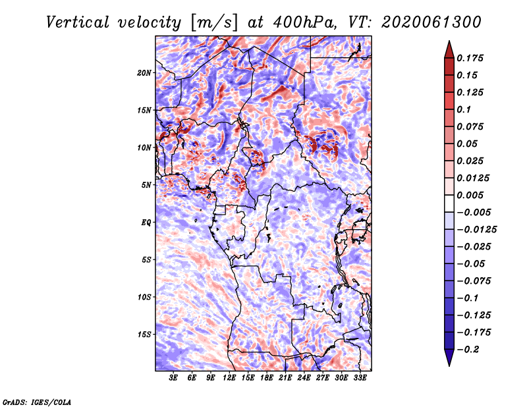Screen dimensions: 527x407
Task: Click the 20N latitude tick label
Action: [144, 73]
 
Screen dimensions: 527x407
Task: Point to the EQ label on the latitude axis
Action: [146, 223]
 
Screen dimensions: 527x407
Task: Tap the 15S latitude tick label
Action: [144, 335]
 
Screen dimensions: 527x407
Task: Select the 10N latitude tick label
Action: [144, 148]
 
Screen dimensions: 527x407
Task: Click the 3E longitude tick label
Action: [173, 378]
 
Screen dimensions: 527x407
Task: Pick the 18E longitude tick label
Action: [267, 378]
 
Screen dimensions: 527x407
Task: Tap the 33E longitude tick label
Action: [360, 378]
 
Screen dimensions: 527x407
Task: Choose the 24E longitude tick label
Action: [304, 378]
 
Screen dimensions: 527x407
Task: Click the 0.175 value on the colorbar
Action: [470, 58]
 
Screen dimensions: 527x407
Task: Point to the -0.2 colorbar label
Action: [468, 350]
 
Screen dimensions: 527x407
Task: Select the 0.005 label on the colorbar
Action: [470, 195]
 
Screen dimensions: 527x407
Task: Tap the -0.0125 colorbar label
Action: [477, 230]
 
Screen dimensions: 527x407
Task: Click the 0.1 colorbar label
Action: [464, 109]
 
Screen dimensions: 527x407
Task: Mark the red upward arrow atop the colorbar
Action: [449, 49]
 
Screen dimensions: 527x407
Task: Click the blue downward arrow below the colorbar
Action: [449, 358]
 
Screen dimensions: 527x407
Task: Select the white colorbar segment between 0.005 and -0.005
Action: [449, 203]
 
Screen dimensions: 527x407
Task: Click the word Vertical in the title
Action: [78, 22]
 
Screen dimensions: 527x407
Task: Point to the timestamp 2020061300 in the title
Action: [431, 22]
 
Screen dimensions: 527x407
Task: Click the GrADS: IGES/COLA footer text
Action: [37, 402]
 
